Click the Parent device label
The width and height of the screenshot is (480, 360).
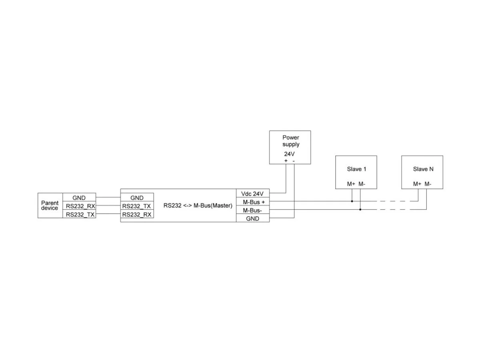50,205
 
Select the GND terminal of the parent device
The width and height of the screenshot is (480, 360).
79,198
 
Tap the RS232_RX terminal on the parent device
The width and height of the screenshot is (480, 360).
80,206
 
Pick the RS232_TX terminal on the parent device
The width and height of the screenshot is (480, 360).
80,214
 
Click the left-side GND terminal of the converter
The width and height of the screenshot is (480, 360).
137,198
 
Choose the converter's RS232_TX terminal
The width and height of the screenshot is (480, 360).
136,206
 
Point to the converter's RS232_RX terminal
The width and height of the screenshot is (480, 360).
137,214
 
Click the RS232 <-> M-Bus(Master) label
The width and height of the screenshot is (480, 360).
198,206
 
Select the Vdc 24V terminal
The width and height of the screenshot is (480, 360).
252,194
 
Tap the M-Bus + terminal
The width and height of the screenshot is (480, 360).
254,202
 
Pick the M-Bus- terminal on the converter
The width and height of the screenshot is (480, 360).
252,210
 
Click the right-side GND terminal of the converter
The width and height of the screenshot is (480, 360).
252,218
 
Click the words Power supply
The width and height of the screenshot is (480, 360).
291,141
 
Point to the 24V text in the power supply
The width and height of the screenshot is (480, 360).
289,154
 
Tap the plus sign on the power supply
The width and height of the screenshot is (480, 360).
286,161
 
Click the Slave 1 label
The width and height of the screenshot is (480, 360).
356,169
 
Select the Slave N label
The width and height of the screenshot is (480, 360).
423,169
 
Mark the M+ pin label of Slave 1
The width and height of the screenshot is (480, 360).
351,184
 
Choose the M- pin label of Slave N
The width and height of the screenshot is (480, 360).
428,184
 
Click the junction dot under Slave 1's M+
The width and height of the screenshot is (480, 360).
352,201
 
